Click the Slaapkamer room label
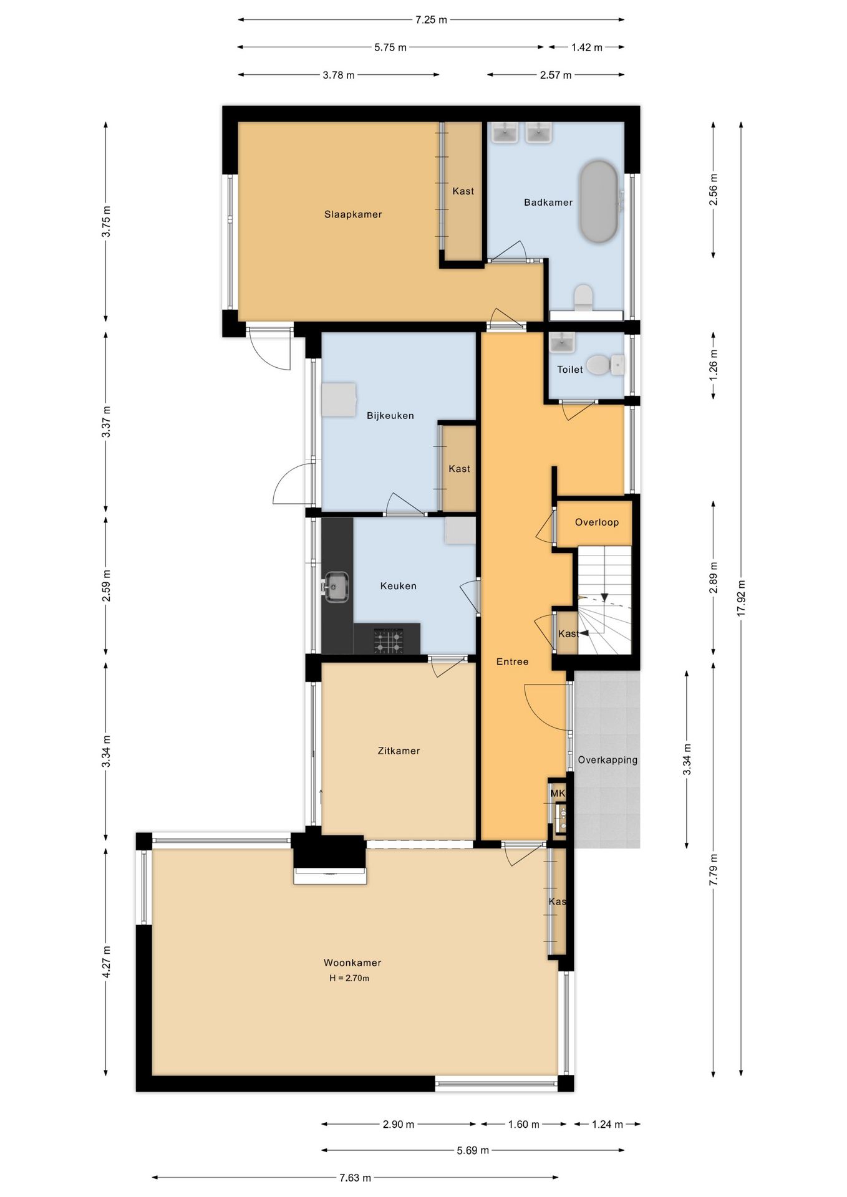[353, 214]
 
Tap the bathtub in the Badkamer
[599, 201]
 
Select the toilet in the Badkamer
[584, 297]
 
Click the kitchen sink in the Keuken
[336, 587]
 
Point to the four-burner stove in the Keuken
[388, 641]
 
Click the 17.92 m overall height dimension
[741, 598]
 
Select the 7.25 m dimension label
[431, 20]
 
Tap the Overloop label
[597, 522]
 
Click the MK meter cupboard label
[558, 794]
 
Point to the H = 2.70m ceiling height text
[349, 978]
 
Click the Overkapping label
[607, 760]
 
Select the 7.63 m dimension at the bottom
[355, 1178]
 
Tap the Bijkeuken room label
[390, 416]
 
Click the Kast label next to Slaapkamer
[463, 191]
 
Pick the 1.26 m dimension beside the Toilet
[714, 365]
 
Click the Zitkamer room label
[399, 751]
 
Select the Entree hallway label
[513, 662]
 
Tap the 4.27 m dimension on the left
[106, 962]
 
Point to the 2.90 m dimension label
[399, 1125]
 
